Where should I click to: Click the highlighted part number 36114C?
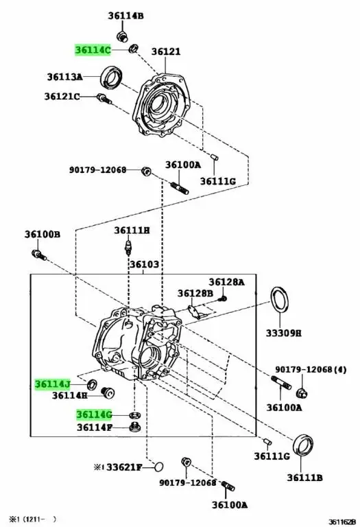[93, 50]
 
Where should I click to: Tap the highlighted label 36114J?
[53, 384]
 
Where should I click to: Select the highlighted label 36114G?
[94, 414]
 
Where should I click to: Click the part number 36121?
[166, 51]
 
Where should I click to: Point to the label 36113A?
[65, 77]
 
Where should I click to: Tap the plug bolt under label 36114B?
[122, 36]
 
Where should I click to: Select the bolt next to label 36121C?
[104, 99]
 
